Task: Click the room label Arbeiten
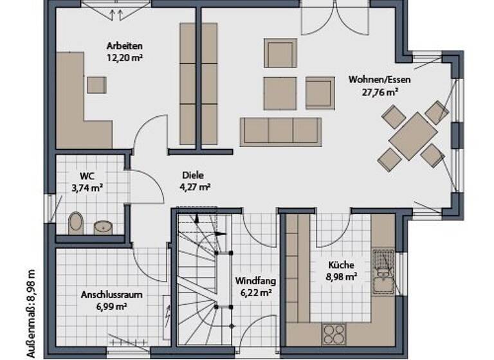point(125,46)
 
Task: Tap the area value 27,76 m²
point(380,91)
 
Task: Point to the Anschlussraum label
point(111,295)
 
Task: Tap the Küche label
point(341,265)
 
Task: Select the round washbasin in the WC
point(102,226)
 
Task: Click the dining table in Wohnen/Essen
point(412,136)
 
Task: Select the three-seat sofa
point(280,131)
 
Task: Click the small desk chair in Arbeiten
point(96,85)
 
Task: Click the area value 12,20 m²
point(125,57)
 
